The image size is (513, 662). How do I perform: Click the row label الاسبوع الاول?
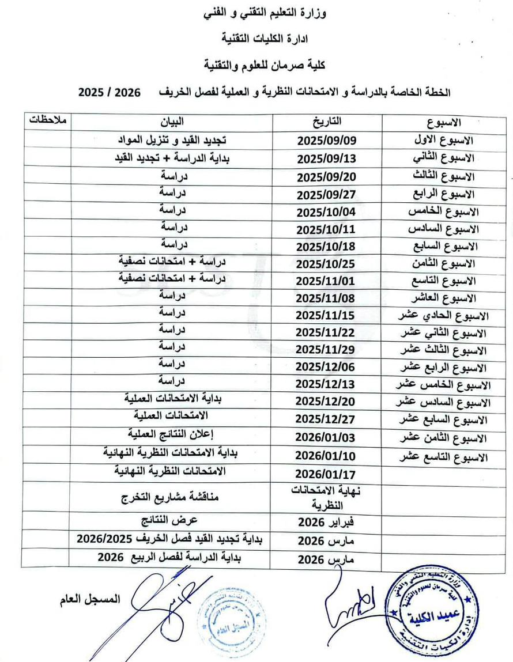[x=448, y=141]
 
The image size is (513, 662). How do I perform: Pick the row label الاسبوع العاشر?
[x=448, y=298]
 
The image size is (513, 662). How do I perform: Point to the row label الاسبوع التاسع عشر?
[x=443, y=457]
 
